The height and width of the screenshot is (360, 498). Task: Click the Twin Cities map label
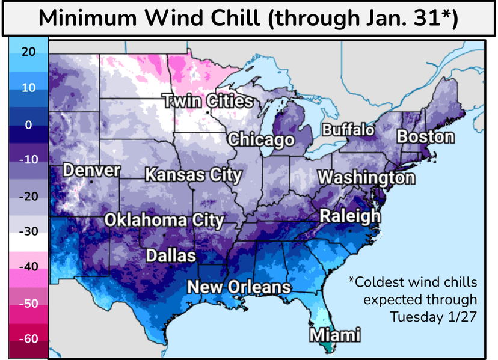click(207, 101)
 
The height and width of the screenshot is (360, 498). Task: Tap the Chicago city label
click(260, 140)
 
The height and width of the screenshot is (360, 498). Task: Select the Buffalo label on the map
click(348, 130)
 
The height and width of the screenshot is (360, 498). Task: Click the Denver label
click(91, 171)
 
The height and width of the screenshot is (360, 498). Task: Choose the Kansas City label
click(193, 175)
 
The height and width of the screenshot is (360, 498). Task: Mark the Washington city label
click(366, 178)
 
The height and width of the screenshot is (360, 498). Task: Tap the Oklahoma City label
click(164, 220)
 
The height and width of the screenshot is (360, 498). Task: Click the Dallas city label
click(171, 256)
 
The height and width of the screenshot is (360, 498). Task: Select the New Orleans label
click(239, 287)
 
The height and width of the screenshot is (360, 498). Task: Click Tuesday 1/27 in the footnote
click(432, 316)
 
